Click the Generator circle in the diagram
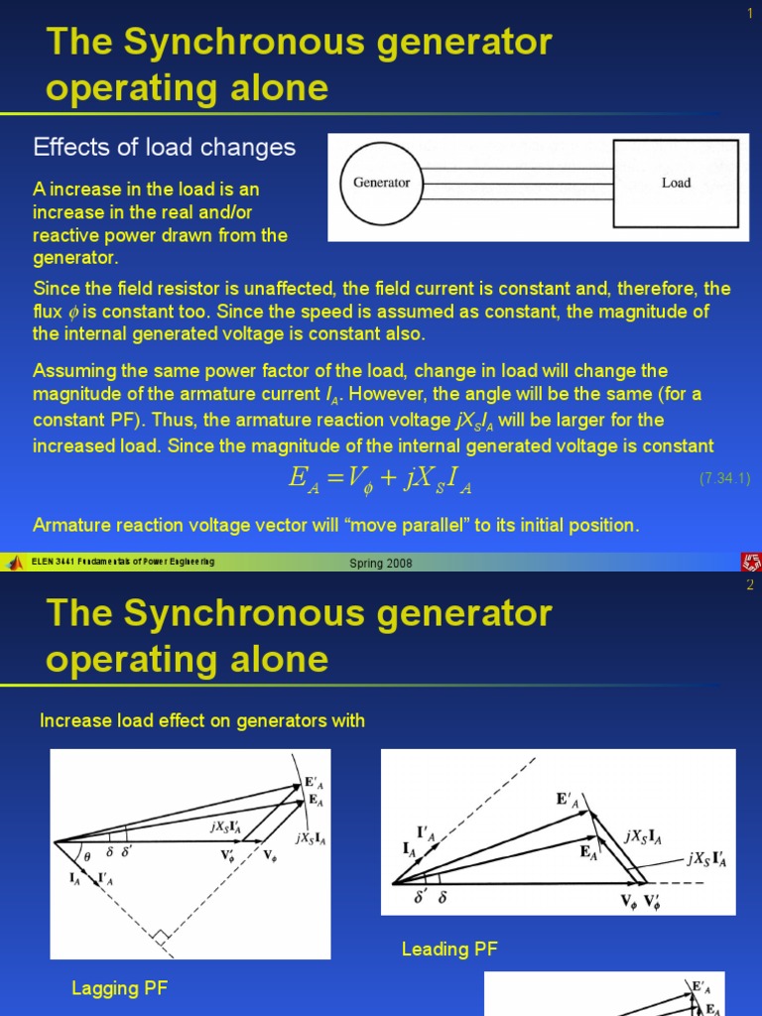pos(382,184)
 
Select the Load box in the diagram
pos(676,184)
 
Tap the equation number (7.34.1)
pos(724,478)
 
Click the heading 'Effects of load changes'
pos(165,148)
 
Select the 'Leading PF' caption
pos(449,950)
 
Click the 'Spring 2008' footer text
pos(381,564)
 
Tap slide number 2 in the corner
pos(750,585)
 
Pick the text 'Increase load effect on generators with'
pos(202,721)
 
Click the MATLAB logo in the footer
pos(15,563)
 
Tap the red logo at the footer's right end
pos(749,563)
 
